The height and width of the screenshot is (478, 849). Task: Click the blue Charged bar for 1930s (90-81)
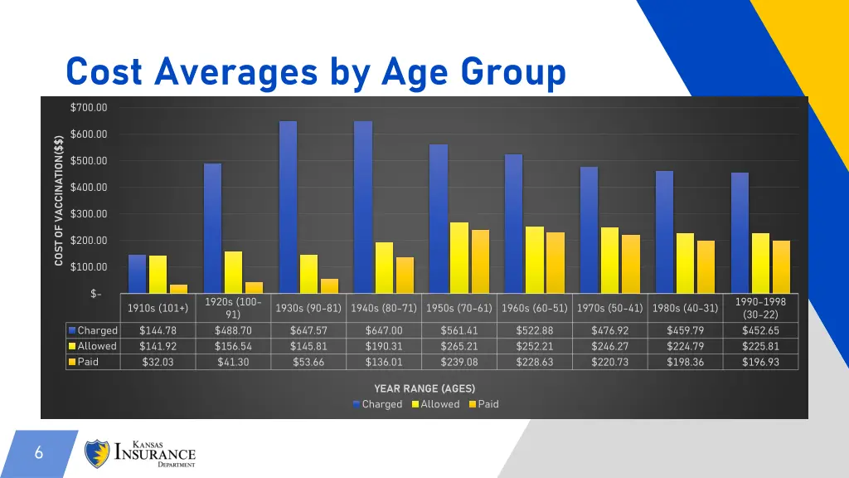288,207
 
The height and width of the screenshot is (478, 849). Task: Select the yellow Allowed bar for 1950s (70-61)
458,257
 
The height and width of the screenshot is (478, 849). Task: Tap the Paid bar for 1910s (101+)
178,289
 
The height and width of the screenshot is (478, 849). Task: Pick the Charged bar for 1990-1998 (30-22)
740,232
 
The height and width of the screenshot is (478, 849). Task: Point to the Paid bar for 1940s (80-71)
405,275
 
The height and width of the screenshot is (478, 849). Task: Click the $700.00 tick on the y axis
89,108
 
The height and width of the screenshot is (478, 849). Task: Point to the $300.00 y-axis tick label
89,214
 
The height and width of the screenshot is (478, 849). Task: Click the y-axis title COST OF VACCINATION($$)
59,200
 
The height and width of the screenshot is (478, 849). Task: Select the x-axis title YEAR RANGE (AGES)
424,388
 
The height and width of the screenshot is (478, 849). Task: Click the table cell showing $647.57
308,330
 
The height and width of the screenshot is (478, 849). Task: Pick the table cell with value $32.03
158,362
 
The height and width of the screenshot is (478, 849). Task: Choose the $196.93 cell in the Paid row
760,362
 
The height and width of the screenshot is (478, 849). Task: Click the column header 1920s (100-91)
233,308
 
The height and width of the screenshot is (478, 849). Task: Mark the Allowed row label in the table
96,346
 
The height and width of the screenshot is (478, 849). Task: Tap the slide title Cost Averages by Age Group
316,72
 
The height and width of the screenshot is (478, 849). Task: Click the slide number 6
38,453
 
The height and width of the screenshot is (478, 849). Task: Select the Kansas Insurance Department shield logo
97,454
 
